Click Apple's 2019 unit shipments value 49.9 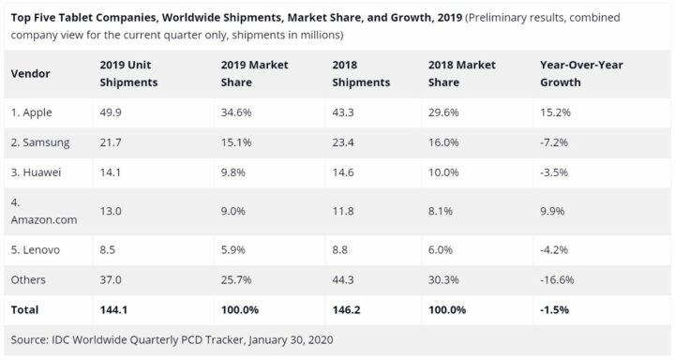(111, 112)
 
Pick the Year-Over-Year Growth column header (581, 73)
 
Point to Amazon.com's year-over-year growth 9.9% (553, 212)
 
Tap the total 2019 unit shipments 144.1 (113, 308)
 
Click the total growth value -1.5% (555, 308)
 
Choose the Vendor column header (31, 73)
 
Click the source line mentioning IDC (172, 338)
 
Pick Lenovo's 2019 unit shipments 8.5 (108, 250)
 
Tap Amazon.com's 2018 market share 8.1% (442, 212)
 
